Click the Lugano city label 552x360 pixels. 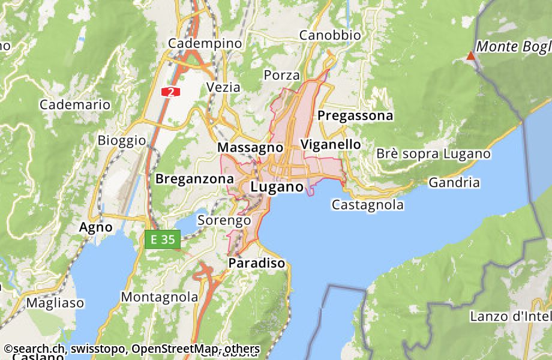click(x=277, y=187)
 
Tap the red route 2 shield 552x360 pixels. click(x=171, y=92)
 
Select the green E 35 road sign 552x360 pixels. click(x=163, y=239)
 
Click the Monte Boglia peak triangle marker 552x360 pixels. click(x=471, y=56)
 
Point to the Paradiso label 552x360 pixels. click(x=256, y=263)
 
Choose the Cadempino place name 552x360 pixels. click(x=205, y=43)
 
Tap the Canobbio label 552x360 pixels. click(x=330, y=35)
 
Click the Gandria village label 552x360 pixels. click(x=454, y=182)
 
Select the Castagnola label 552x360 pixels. click(x=367, y=205)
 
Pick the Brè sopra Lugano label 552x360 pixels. click(x=433, y=154)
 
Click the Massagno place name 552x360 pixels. click(x=250, y=147)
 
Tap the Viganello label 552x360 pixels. click(x=331, y=145)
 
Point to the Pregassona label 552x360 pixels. click(x=355, y=115)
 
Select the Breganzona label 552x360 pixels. click(x=194, y=179)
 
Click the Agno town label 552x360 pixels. click(x=96, y=227)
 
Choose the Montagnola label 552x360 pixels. click(x=160, y=297)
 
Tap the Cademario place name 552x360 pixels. click(x=75, y=104)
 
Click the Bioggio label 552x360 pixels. click(x=121, y=140)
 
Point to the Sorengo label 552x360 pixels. click(x=224, y=220)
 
